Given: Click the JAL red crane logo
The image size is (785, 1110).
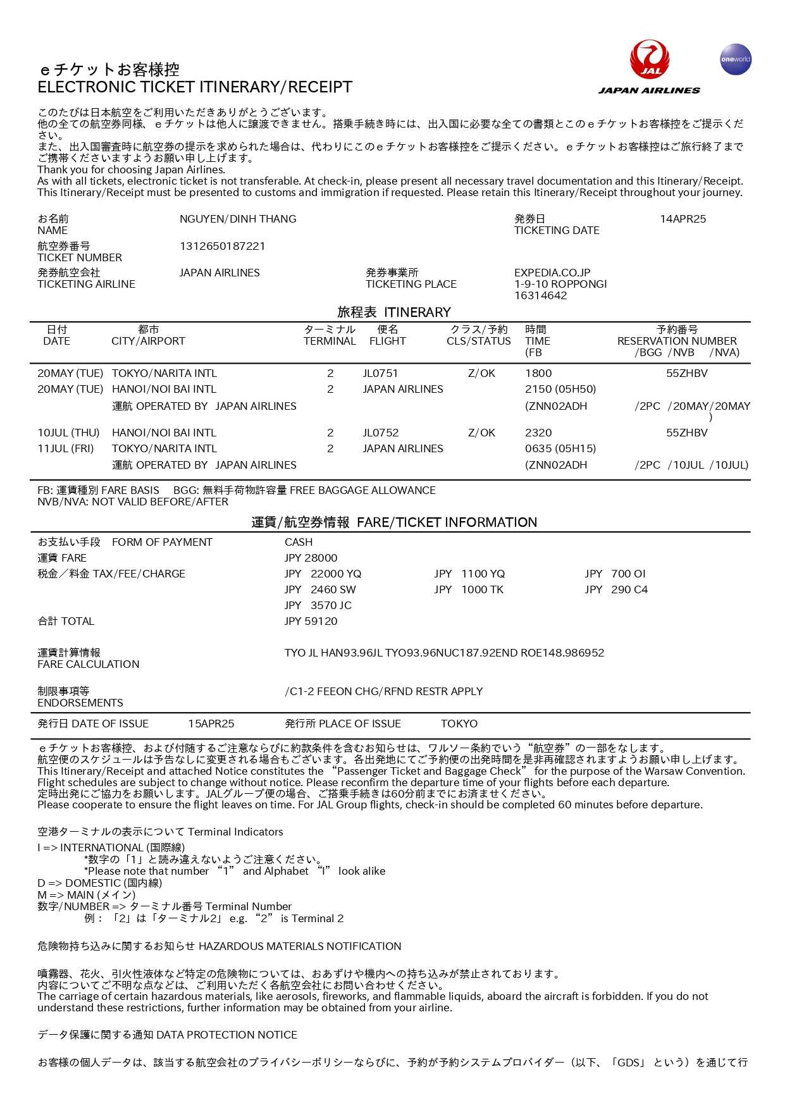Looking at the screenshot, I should coord(649,59).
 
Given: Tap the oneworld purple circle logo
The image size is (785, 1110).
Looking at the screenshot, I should coord(736,59).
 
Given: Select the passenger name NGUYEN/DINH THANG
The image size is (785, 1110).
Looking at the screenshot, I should coord(238,219).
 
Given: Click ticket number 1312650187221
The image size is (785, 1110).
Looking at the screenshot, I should coord(222,246).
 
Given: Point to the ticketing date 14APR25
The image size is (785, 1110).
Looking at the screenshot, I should coord(683,219).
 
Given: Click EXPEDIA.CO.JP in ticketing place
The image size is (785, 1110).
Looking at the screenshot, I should coord(552,273).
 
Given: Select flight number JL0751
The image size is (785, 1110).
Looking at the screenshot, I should coord(380,373).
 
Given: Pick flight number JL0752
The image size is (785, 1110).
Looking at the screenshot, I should coord(380,433).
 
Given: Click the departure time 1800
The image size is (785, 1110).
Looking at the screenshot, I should coord(538,373).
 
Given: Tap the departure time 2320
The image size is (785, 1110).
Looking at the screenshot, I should coord(538,433).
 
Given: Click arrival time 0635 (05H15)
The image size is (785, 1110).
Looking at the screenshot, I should coord(560,448).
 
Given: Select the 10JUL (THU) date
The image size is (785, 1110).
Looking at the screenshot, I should coord(68,433).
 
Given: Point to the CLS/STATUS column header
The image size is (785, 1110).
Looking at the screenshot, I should coord(478,341).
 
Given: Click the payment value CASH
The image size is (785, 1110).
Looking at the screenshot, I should coord(299,542).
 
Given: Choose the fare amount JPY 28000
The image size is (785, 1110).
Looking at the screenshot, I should coord(311,558).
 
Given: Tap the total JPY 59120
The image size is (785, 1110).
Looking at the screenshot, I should coord(311,621).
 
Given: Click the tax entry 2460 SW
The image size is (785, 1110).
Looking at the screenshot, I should coord(333,589).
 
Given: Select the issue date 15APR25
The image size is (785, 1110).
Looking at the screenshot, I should coord(211,724).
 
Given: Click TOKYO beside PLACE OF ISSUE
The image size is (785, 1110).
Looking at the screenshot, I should coord(459,724).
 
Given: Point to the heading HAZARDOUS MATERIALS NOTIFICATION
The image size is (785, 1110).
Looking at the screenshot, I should coord(300,946).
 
